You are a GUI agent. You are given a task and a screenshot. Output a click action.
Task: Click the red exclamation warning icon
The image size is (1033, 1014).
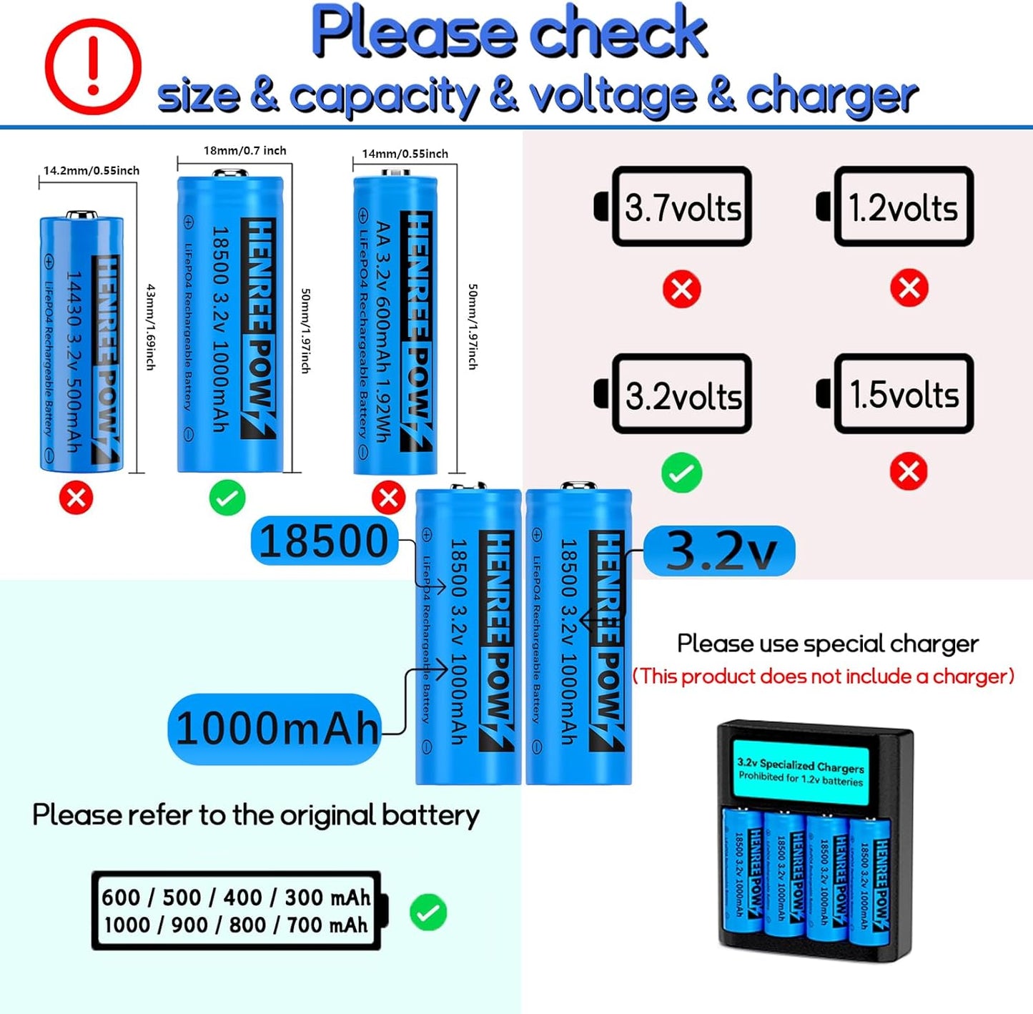(x=93, y=67)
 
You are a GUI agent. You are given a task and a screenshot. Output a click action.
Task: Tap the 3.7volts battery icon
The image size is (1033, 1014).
(x=673, y=207)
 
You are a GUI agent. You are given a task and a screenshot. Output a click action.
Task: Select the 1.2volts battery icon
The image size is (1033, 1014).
(x=896, y=207)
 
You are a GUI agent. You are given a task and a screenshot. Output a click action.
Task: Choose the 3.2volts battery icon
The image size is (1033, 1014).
(x=673, y=393)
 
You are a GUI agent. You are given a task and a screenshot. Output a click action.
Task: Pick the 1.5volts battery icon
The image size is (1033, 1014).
(x=896, y=393)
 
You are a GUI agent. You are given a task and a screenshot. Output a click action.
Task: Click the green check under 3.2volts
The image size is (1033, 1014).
(x=681, y=473)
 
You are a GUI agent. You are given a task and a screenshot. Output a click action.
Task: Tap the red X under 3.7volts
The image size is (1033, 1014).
(x=681, y=289)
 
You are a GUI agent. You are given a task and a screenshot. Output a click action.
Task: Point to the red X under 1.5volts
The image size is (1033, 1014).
(x=909, y=472)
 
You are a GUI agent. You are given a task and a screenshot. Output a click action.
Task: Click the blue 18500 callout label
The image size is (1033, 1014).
(x=324, y=541)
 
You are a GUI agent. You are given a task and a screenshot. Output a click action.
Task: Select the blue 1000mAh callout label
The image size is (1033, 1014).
(x=275, y=729)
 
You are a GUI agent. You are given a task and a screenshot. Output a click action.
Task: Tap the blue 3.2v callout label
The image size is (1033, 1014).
(x=719, y=551)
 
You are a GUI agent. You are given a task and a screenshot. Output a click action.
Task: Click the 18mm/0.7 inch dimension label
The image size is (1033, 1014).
(x=244, y=151)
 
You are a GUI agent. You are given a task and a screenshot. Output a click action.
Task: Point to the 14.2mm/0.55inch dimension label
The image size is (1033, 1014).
(x=92, y=171)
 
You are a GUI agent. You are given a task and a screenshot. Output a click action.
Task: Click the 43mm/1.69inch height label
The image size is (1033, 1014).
(x=151, y=327)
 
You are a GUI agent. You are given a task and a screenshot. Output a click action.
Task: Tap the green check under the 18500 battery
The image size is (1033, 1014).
(x=227, y=498)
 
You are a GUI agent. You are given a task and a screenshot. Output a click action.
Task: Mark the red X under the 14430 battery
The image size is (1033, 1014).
(x=76, y=498)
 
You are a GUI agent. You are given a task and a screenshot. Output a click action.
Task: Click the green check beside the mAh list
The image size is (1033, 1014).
(x=428, y=912)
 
